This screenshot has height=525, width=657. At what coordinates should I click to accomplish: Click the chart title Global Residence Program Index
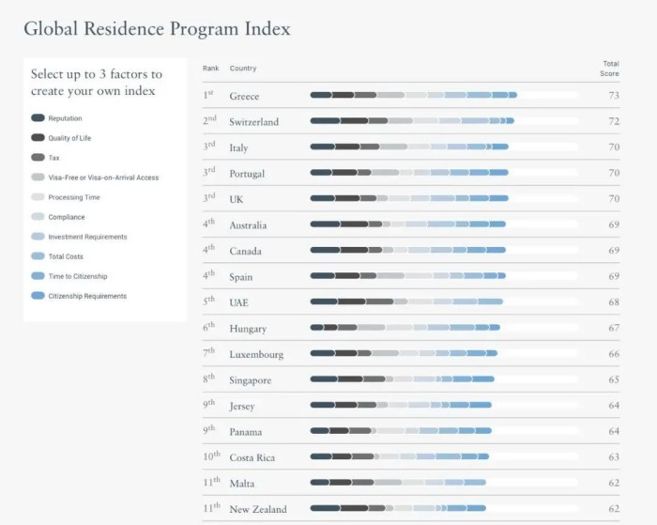[x=157, y=28]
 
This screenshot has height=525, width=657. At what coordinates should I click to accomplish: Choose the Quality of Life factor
[x=69, y=138]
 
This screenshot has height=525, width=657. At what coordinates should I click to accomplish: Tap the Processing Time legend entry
[x=73, y=197]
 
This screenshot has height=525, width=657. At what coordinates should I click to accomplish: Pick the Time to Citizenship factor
[x=77, y=276]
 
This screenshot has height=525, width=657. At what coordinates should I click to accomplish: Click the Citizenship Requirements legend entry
[x=87, y=296]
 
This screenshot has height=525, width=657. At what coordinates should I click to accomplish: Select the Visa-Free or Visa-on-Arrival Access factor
[x=103, y=178]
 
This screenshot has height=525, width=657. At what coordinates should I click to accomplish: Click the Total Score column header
[x=610, y=68]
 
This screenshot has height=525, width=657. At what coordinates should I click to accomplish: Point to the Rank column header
[x=211, y=69]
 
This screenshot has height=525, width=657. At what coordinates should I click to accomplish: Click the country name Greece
[x=244, y=96]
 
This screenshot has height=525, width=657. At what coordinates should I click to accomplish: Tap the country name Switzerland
[x=253, y=122]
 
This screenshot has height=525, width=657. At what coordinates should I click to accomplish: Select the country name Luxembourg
[x=256, y=355]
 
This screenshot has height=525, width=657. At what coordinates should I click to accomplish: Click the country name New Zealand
[x=258, y=510]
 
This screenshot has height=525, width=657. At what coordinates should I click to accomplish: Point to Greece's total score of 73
[x=613, y=96]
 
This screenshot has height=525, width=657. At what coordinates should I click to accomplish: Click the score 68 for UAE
[x=613, y=302]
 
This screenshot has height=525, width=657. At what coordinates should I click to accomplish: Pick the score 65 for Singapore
[x=613, y=380]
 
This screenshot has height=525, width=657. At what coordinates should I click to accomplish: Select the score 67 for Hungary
[x=613, y=329]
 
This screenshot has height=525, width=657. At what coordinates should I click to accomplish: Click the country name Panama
[x=246, y=432]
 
